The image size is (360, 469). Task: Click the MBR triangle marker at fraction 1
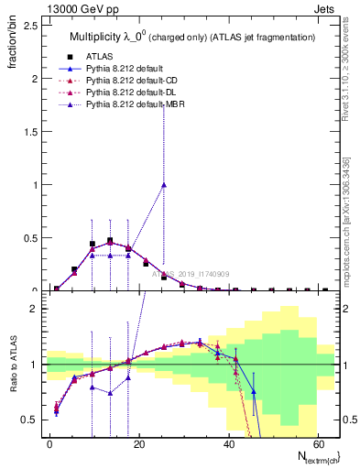[x=164, y=184]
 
